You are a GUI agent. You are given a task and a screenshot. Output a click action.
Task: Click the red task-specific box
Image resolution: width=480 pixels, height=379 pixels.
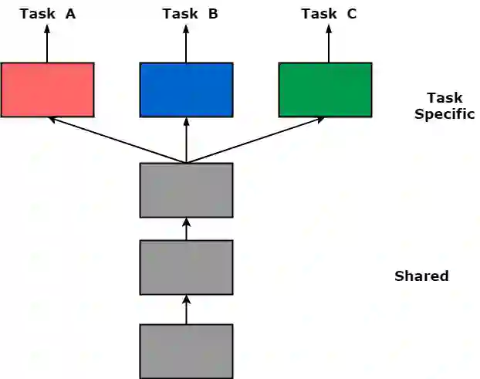[47, 90]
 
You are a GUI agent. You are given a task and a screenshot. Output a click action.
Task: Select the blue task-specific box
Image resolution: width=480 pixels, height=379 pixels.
[186, 90]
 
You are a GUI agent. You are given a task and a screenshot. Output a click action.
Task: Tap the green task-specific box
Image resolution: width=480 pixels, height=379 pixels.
[325, 90]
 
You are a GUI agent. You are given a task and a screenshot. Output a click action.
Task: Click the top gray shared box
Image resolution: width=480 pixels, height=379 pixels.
[186, 190]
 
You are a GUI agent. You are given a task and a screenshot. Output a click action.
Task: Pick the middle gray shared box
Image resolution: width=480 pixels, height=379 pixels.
[186, 267]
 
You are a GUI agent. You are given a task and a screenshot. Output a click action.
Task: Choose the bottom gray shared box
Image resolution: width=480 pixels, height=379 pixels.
[186, 351]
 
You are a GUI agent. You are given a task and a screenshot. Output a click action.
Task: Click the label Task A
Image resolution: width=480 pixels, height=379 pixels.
[47, 14]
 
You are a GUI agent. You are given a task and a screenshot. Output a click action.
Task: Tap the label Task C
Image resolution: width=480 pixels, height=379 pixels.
[329, 14]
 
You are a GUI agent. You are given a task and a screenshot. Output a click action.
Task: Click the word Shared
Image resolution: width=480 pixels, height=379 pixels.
[421, 276]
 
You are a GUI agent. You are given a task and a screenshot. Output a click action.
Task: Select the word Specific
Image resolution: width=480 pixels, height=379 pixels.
[444, 114]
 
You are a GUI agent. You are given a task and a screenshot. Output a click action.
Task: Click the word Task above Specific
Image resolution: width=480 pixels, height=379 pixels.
[445, 98]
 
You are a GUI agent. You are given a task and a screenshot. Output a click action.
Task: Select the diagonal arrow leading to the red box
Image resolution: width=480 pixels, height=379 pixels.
[116, 140]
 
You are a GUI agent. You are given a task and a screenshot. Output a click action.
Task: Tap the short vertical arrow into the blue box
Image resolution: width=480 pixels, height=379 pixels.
[186, 140]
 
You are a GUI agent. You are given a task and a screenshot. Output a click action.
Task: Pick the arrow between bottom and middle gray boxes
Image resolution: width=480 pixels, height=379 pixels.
[186, 310]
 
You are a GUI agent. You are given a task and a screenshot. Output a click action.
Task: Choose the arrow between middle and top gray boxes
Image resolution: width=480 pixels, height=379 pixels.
[186, 228]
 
